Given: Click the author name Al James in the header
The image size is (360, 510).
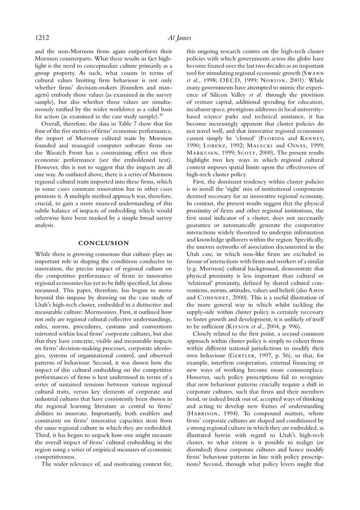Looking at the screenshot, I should click(x=180, y=38).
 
